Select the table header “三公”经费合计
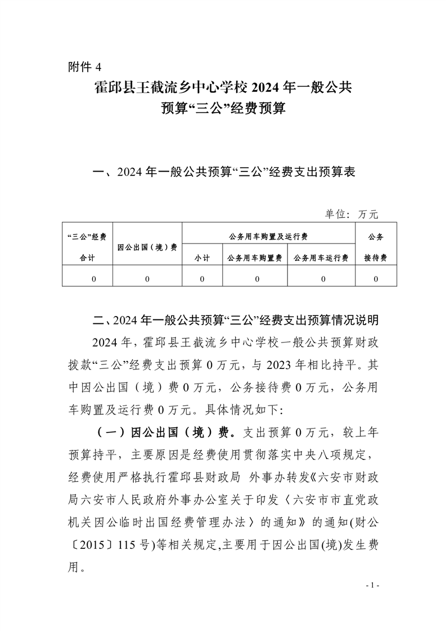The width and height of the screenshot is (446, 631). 87,246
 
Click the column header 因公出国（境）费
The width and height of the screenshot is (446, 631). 147,246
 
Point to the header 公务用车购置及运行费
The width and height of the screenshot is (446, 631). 268,236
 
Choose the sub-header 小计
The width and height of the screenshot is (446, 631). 202,258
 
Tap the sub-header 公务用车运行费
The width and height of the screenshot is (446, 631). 321,258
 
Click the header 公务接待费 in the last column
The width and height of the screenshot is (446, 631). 375,246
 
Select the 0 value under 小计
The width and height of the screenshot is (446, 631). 202,278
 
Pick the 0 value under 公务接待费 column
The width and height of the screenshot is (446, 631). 375,278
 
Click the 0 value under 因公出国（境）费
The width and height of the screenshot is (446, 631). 147,278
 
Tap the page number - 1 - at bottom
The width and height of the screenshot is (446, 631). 373,586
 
